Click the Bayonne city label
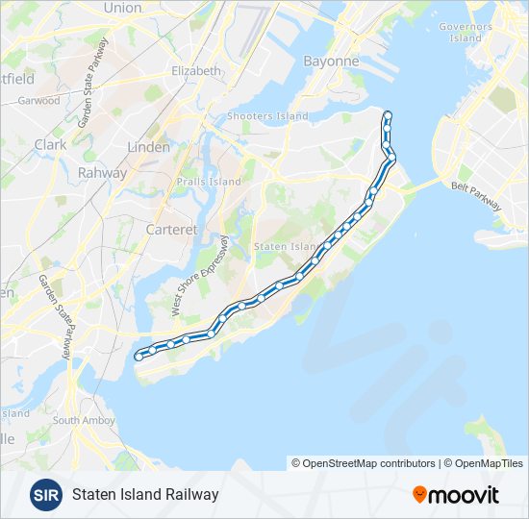pyautogui.click(x=331, y=61)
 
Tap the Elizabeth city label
pyautogui.click(x=196, y=71)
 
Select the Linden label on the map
pyautogui.click(x=148, y=147)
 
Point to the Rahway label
pyautogui.click(x=103, y=173)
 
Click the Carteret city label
pyautogui.click(x=170, y=230)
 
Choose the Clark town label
pyautogui.click(x=50, y=145)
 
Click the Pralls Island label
pyautogui.click(x=209, y=182)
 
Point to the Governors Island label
pyautogui.click(x=466, y=32)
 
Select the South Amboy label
pyautogui.click(x=85, y=420)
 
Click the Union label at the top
pyautogui.click(x=122, y=8)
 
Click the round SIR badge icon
pyautogui.click(x=45, y=494)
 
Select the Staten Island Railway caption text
pyautogui.click(x=145, y=494)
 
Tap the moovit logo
pyautogui.click(x=456, y=495)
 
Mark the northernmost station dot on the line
pyautogui.click(x=388, y=116)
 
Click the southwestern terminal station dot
pyautogui.click(x=139, y=357)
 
